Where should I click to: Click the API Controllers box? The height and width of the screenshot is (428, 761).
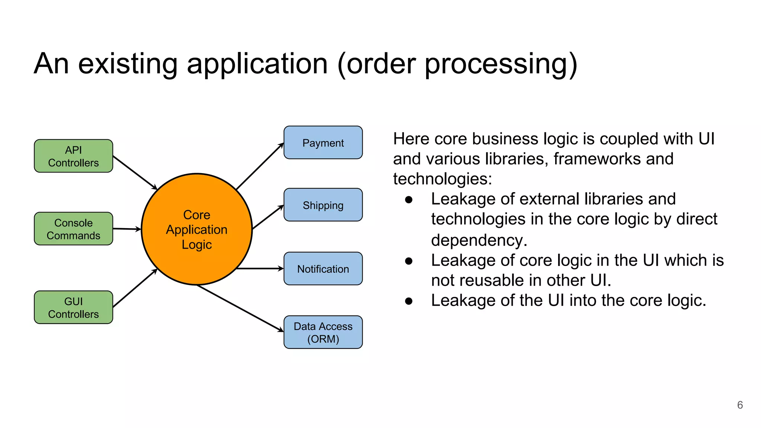tap(73, 156)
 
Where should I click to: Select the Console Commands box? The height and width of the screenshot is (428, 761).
tap(73, 229)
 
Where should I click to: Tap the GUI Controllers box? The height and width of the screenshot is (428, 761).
tap(73, 307)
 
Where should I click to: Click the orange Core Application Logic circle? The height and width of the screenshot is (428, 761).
tap(197, 230)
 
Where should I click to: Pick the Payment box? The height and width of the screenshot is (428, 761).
tap(323, 143)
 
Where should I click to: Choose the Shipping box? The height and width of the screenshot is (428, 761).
tap(323, 205)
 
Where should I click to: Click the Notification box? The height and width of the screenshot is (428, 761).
tap(323, 269)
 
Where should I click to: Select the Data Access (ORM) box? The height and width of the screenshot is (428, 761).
tap(323, 332)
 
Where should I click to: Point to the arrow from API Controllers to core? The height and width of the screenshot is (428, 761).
tap(135, 172)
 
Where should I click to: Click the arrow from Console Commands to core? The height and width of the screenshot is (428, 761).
tap(126, 229)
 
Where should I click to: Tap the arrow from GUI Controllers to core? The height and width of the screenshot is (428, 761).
tap(135, 288)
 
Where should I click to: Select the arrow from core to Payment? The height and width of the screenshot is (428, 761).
tap(260, 166)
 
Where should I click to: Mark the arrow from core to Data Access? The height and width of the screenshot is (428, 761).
tap(240, 308)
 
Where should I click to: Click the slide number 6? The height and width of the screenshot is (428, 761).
tap(740, 405)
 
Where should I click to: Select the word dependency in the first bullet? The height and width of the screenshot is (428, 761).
tap(479, 240)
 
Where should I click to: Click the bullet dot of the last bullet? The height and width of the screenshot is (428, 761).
tap(409, 301)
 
